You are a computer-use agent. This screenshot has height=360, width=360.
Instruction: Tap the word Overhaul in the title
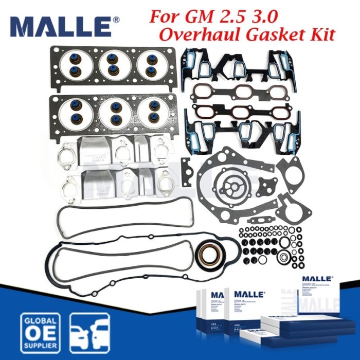pyautogui.click(x=195, y=34)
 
